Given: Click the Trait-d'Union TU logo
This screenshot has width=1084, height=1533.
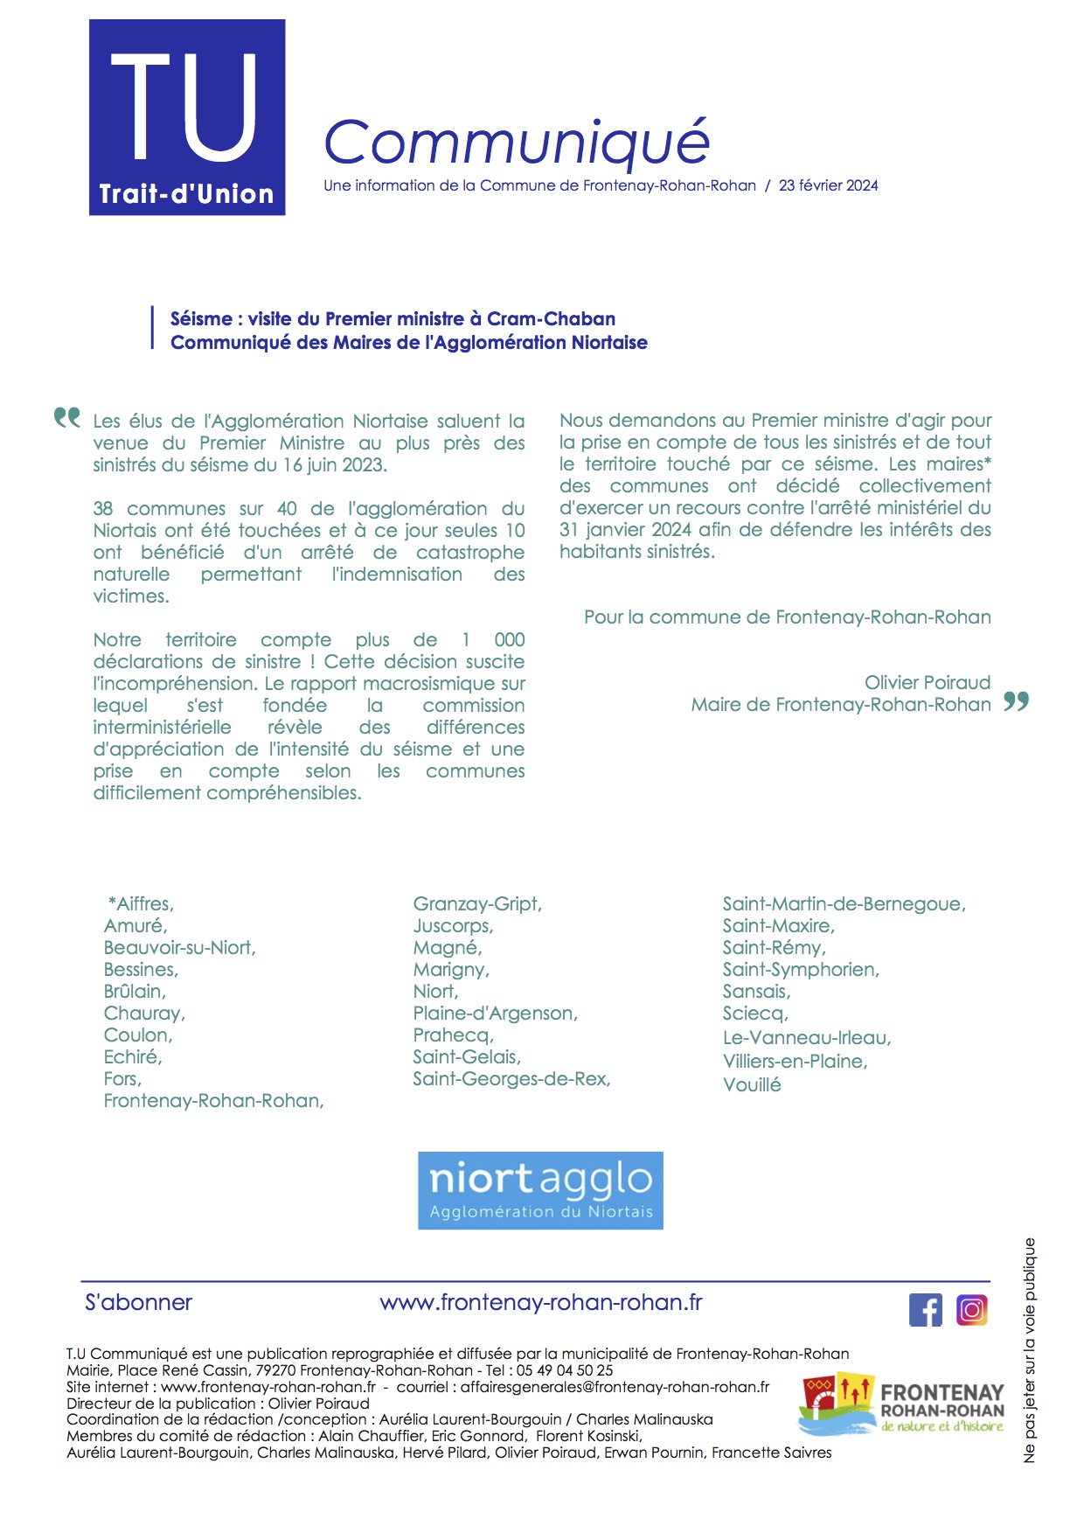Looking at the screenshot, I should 187,117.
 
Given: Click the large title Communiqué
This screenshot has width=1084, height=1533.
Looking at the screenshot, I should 516,142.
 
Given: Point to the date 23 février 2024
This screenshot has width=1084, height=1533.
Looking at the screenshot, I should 828,185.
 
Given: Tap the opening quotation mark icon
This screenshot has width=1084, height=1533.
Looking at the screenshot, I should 67,418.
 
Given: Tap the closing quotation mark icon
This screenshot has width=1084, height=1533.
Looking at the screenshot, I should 1016,700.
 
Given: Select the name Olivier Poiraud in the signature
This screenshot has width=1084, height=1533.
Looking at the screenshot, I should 928,682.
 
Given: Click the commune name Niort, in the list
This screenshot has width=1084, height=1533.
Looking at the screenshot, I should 435,992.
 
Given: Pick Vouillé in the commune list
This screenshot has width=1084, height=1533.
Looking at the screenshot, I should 752,1085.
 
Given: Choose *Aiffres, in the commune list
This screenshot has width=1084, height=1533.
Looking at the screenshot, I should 141,904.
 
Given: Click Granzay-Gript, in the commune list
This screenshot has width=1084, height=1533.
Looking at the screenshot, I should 477,904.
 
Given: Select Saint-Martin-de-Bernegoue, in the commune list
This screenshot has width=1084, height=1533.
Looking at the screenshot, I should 844,904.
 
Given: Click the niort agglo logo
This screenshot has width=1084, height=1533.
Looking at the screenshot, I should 540,1190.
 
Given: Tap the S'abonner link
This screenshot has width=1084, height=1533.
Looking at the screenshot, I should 138,1302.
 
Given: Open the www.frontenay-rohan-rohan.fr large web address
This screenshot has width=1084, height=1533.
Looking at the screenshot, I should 541,1302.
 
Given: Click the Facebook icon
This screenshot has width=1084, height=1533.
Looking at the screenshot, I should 926,1310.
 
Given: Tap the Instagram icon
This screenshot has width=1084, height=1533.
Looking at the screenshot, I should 972,1310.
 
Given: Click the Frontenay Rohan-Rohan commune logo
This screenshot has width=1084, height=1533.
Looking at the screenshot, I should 901,1404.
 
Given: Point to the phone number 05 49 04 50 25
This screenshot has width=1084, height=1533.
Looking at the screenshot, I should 565,1370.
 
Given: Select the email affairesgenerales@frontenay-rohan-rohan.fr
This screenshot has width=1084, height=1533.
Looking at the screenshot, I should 615,1387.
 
